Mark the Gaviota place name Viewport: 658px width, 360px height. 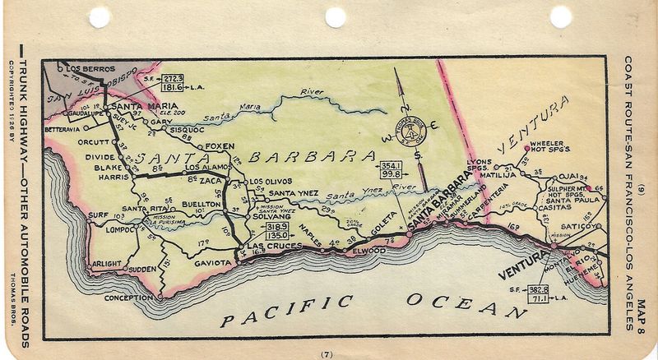pos(211,263)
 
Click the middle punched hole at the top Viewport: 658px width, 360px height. pos(335,16)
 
